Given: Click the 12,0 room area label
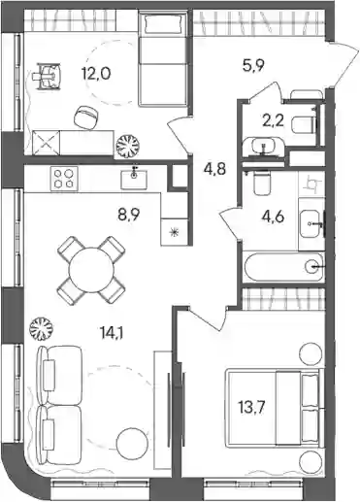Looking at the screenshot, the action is (95, 74).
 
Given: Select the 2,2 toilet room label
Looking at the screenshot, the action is (273, 121).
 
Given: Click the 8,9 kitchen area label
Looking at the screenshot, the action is (128, 214).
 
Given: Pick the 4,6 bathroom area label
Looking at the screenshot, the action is (273, 217).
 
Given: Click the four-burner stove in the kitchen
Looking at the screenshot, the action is (64, 178).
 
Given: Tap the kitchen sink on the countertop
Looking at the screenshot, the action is (134, 179).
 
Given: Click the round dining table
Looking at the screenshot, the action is (91, 270).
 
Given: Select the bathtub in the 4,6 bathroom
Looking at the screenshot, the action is (283, 267).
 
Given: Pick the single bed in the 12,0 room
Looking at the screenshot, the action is (163, 58).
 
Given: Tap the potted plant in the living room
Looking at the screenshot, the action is (41, 328).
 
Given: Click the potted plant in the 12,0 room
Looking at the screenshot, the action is (127, 146).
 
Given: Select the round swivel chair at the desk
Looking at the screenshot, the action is (85, 117).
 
